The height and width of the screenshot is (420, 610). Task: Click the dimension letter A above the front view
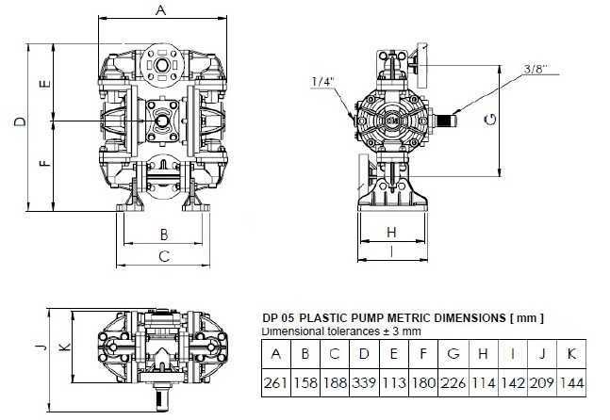(160, 10)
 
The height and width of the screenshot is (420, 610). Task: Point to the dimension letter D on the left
(19, 121)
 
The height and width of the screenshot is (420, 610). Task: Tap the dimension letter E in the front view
(43, 84)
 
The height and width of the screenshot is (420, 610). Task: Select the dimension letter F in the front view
(43, 165)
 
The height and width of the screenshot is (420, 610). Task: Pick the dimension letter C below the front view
(162, 255)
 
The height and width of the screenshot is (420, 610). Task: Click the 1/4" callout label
(322, 83)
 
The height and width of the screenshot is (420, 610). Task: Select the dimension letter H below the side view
(390, 231)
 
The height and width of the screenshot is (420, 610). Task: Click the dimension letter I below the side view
(390, 252)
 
